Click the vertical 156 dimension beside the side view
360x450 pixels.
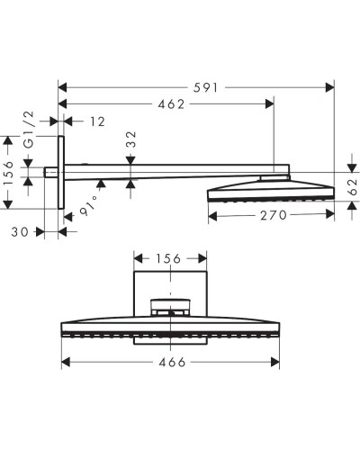(x=9, y=172)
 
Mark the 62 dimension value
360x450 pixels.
(x=352, y=185)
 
